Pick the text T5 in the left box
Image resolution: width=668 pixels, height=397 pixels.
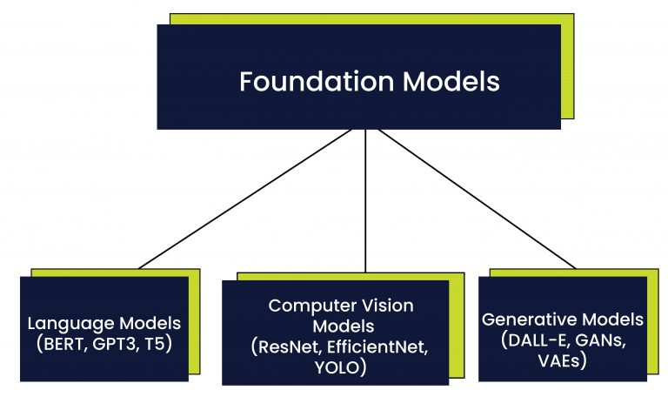[157, 343]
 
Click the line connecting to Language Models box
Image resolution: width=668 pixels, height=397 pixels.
[244, 200]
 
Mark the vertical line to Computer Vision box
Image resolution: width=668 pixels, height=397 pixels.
[365, 200]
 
